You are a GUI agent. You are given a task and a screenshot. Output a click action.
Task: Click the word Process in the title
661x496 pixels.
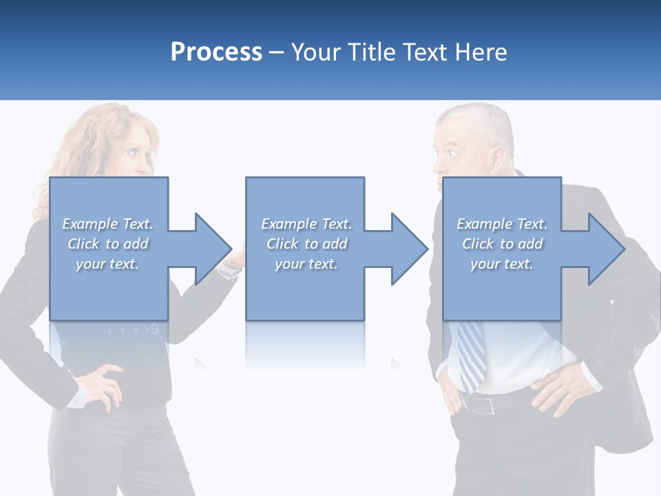216,52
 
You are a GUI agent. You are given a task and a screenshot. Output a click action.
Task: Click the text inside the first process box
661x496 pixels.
107,244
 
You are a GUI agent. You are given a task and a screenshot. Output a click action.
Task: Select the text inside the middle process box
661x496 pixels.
306,244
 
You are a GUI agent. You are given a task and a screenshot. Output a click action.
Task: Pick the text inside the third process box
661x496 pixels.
502,244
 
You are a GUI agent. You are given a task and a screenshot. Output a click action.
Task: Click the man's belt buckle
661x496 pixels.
490,405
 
